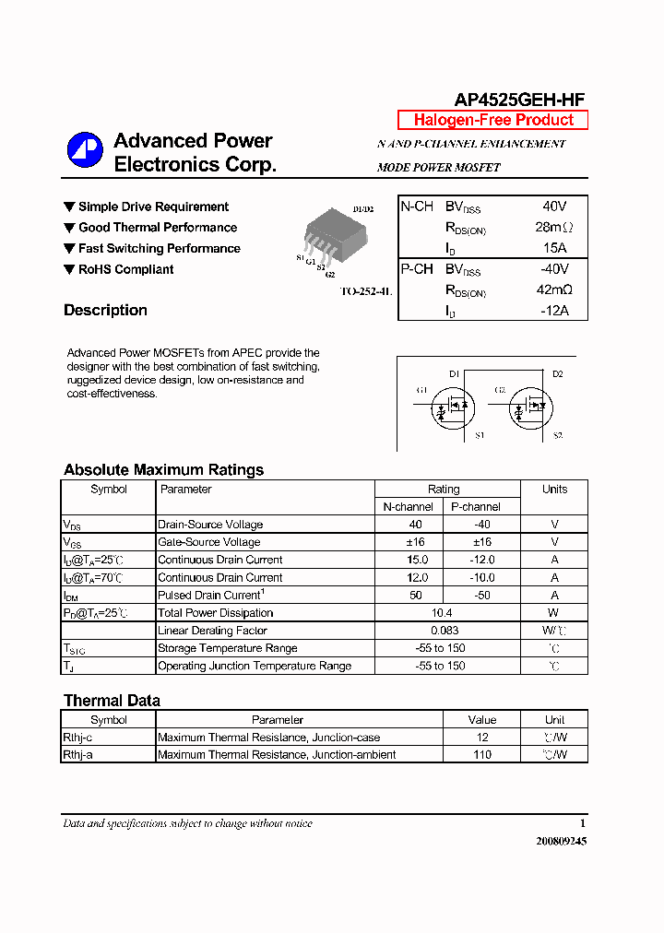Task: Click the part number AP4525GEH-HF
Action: (x=519, y=100)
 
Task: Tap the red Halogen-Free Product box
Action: (x=492, y=120)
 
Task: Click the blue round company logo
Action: (x=85, y=150)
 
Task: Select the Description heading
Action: (x=105, y=311)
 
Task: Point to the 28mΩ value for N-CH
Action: (x=553, y=228)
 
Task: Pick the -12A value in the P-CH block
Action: (x=554, y=311)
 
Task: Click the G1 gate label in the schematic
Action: (x=421, y=391)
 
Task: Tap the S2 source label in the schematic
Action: (x=557, y=435)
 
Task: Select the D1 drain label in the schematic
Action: (x=454, y=373)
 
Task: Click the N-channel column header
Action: (x=409, y=507)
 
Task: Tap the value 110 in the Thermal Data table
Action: (x=481, y=755)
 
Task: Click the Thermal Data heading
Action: (x=112, y=701)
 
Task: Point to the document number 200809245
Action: (x=561, y=842)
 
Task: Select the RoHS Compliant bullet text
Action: (x=125, y=270)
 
